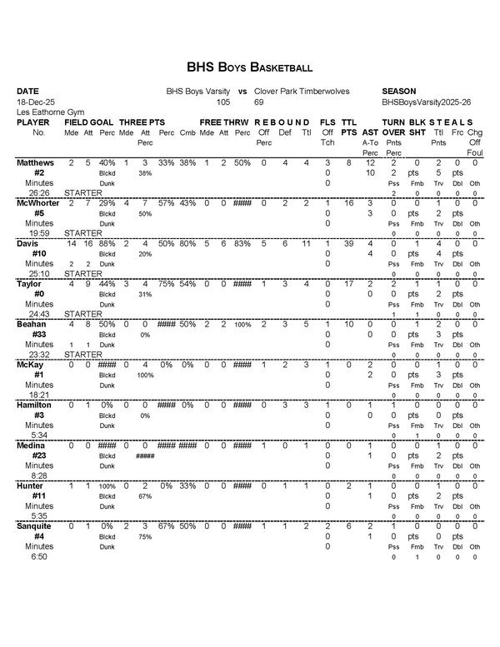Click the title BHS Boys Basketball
coord(249,67)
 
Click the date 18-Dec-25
coord(34,101)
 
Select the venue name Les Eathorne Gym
coord(46,111)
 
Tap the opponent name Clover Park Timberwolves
coord(302,91)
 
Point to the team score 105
coord(222,101)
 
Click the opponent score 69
coord(259,101)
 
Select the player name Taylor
coord(31,284)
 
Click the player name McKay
coord(31,365)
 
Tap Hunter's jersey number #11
coord(38,495)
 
